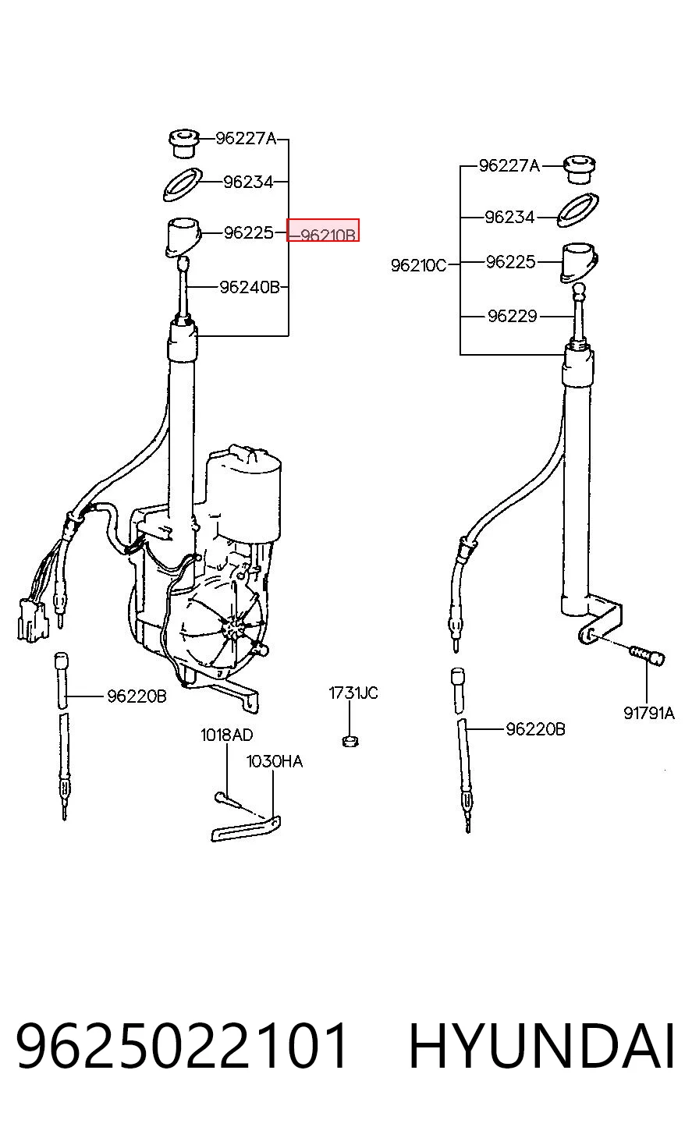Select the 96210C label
point(418,265)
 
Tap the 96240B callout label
point(250,288)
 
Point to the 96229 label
point(512,316)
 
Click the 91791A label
point(649,714)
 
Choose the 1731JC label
point(353,693)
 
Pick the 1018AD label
point(226,735)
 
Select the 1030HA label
point(274,761)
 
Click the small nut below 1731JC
point(350,742)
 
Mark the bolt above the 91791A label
point(647,656)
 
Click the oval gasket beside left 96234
point(183,184)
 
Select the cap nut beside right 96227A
point(580,169)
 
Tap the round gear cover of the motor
point(223,628)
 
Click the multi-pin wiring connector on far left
point(32,620)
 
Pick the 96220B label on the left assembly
point(137,696)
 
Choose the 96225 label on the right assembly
point(511,262)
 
